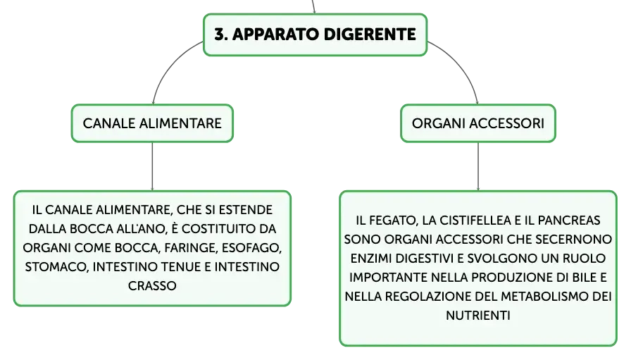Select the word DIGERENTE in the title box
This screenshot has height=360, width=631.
(370, 35)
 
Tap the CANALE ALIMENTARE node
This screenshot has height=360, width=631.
(152, 123)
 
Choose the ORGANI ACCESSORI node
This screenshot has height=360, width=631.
(478, 123)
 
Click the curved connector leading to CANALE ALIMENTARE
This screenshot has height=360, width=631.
(168, 66)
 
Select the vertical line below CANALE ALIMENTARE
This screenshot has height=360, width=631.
(152, 166)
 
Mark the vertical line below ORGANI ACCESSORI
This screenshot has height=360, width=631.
(478, 166)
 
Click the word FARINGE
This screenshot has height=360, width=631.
(191, 248)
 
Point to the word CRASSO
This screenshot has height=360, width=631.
(152, 286)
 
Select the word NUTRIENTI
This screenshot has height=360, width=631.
(478, 316)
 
